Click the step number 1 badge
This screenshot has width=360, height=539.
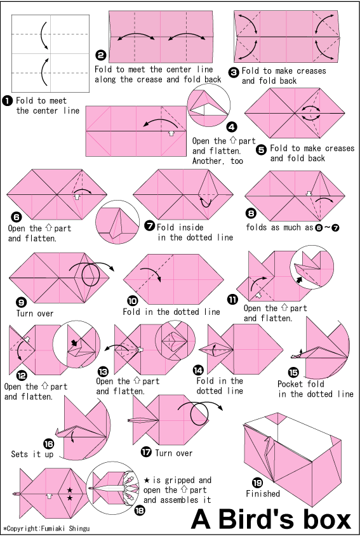point(7,101)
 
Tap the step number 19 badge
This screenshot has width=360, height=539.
point(258,483)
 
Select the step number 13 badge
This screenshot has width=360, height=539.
point(103,371)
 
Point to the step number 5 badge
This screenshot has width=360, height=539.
point(262,150)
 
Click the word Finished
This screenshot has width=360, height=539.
point(263,494)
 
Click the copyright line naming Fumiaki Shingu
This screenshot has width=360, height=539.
point(46,529)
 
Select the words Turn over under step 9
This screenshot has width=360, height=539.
point(35,314)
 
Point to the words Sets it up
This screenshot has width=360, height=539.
point(32,454)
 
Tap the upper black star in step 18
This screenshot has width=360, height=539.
point(70,490)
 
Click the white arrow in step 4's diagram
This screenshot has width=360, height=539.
point(171,133)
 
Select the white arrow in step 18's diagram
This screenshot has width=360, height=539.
point(50,496)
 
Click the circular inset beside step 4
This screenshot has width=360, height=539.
point(209,105)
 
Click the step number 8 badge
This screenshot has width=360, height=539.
point(251,213)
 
